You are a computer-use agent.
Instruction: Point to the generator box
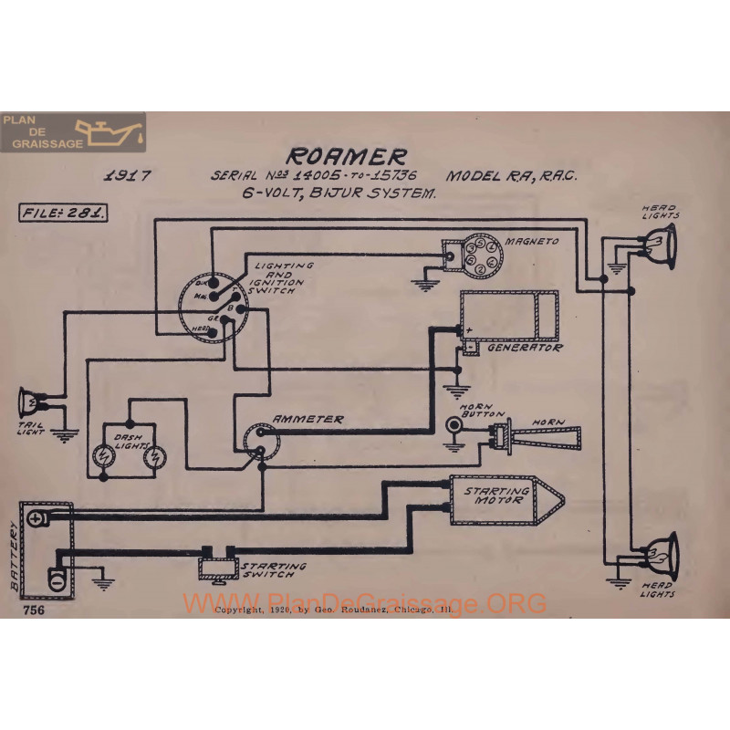(x=508, y=315)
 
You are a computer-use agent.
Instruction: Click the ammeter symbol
(x=262, y=441)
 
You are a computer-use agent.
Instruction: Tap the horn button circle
(x=453, y=425)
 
